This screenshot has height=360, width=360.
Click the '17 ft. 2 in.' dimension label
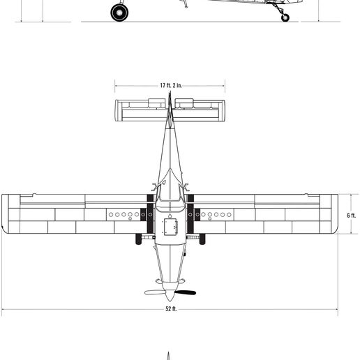pyautogui.click(x=170, y=85)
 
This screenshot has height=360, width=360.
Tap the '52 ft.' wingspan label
pyautogui.click(x=170, y=308)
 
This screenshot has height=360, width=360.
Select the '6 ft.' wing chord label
pyautogui.click(x=351, y=215)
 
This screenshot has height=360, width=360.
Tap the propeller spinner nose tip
pyautogui.click(x=170, y=301)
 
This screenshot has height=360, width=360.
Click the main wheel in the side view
pyautogui.click(x=119, y=12)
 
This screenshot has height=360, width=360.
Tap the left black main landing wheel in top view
pyautogui.click(x=136, y=239)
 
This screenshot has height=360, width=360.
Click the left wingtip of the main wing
pyautogui.click(x=4, y=214)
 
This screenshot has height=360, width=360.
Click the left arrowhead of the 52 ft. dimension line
pyautogui.click(x=3, y=308)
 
